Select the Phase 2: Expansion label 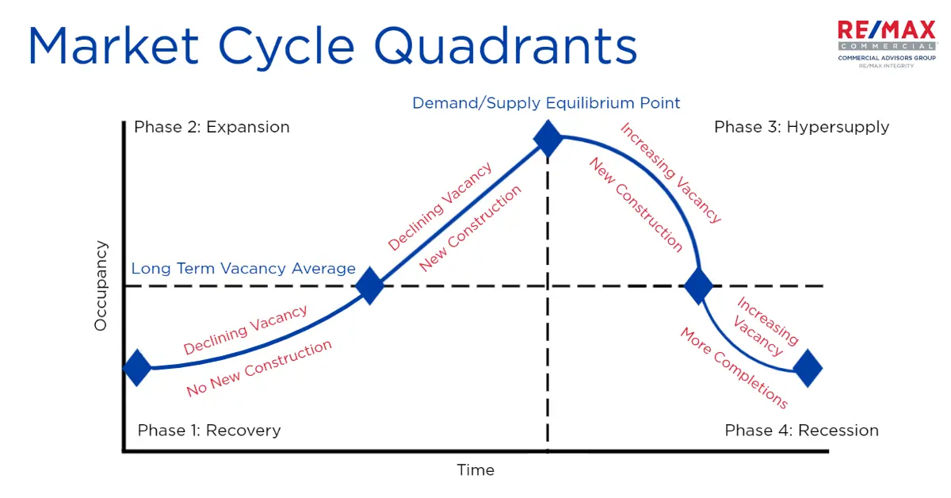pyautogui.click(x=212, y=127)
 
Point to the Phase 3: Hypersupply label pyautogui.click(x=801, y=127)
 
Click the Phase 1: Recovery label pyautogui.click(x=209, y=431)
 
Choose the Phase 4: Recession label pyautogui.click(x=801, y=431)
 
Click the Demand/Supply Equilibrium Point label pyautogui.click(x=546, y=103)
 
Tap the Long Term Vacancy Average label pyautogui.click(x=243, y=269)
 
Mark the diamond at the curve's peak pyautogui.click(x=548, y=138)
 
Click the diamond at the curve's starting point pyautogui.click(x=137, y=368)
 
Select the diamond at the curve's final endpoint pyautogui.click(x=808, y=369)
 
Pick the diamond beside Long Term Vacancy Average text pyautogui.click(x=370, y=286)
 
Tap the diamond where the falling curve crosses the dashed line pyautogui.click(x=698, y=285)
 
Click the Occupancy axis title pyautogui.click(x=101, y=285)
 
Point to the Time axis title pyautogui.click(x=475, y=470)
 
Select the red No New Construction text pyautogui.click(x=259, y=369)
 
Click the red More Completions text pyautogui.click(x=734, y=368)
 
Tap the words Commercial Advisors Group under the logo pyautogui.click(x=886, y=58)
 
